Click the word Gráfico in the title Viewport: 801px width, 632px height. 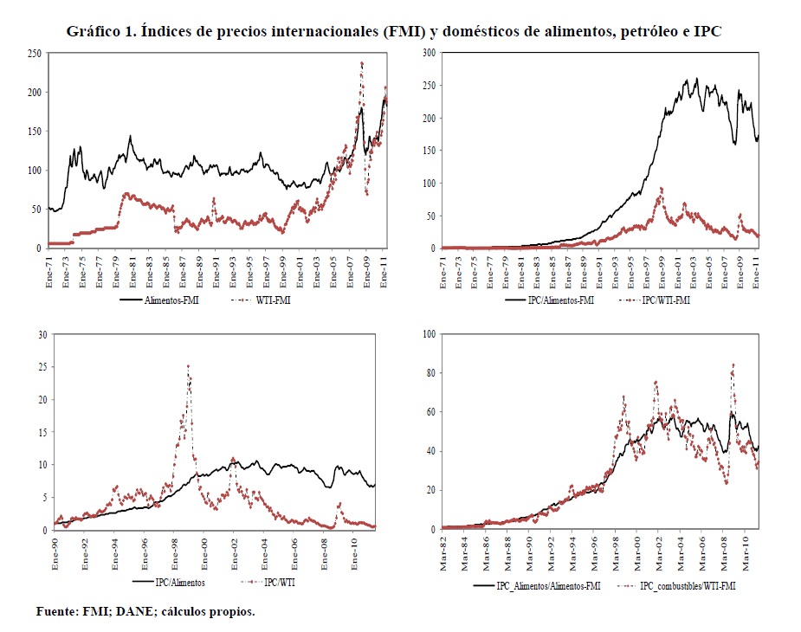(x=93, y=32)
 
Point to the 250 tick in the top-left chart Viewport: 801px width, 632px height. (x=35, y=54)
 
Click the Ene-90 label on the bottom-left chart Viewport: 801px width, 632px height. (x=57, y=547)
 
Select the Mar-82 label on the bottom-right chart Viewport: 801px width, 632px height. (x=445, y=547)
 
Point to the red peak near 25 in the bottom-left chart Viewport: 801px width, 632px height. (x=188, y=366)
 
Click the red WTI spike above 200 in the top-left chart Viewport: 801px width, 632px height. (x=361, y=62)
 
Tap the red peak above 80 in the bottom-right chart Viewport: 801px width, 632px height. (x=733, y=365)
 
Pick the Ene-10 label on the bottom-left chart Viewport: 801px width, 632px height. (x=354, y=547)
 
